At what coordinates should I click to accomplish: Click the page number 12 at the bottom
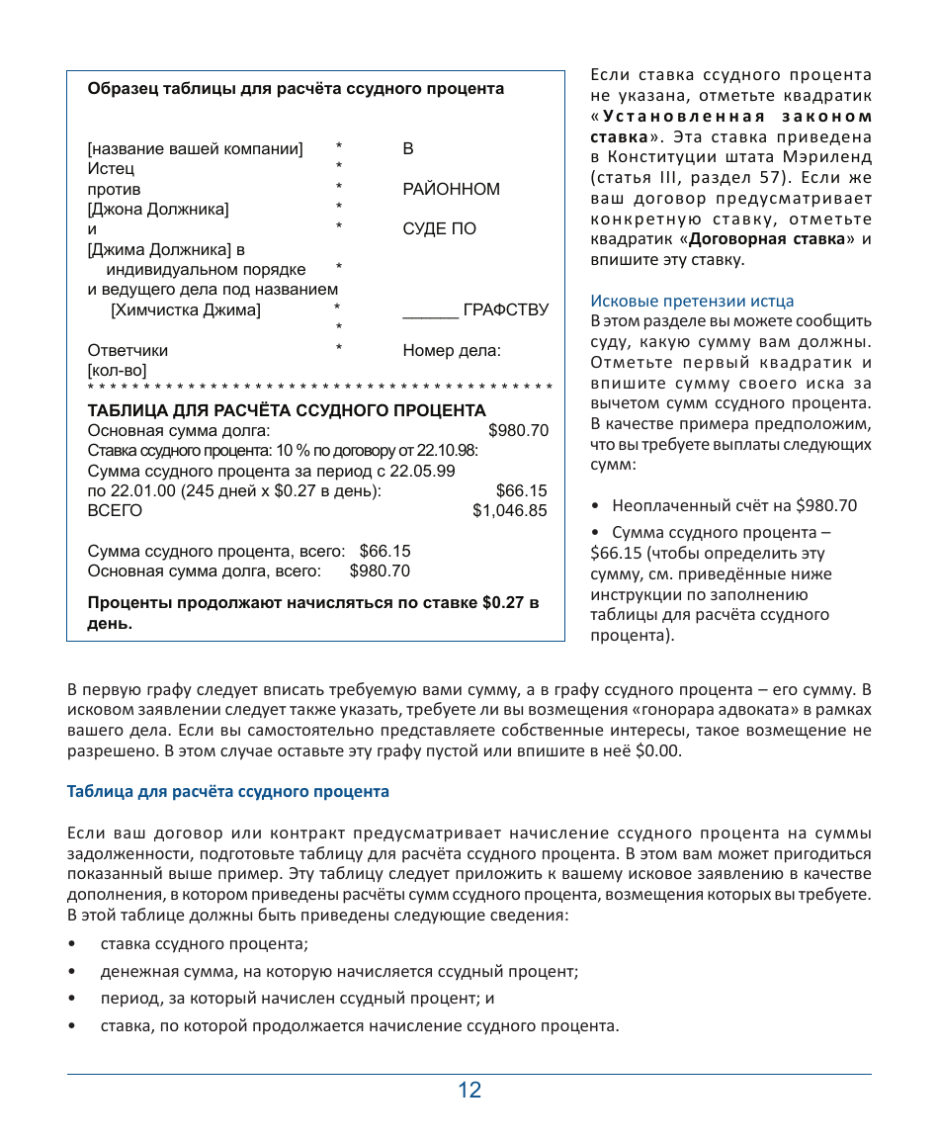pos(469,1091)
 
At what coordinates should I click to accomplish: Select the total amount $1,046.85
pos(509,511)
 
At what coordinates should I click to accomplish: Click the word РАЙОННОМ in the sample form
pos(451,189)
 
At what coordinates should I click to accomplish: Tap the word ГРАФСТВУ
pos(505,310)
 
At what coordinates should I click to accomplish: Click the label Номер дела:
pos(452,350)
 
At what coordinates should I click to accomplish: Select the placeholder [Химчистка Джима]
pos(186,310)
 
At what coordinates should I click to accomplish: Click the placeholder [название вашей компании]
pos(195,149)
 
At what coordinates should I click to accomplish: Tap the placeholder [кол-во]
pos(117,370)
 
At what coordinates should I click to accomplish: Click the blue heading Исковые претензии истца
pos(692,301)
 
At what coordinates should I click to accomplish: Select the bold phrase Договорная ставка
pos(767,239)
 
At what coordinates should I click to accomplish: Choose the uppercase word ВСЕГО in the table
pos(115,511)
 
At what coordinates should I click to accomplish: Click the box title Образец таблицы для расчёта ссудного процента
pos(296,89)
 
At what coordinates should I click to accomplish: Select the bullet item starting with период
pos(298,999)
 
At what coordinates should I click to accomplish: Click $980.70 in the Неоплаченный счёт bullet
pos(826,505)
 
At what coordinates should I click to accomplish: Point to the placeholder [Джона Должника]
pos(158,210)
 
